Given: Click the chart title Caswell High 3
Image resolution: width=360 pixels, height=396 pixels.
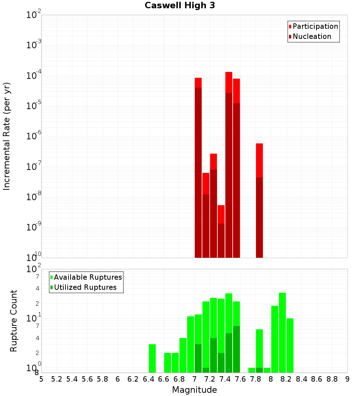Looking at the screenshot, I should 180,6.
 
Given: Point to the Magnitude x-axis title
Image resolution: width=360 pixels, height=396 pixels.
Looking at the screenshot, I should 194,390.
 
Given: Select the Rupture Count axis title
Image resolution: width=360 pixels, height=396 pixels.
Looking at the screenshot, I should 14,320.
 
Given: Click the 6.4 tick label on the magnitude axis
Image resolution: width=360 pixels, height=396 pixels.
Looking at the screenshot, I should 148,379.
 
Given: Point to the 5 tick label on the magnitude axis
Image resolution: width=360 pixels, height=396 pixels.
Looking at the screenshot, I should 41,379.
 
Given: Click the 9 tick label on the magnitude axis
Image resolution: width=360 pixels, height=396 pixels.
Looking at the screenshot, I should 347,379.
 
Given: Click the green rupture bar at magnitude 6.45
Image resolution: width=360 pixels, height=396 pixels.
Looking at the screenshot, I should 152,358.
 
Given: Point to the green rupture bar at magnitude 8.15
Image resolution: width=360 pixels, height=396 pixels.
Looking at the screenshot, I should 282,333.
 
